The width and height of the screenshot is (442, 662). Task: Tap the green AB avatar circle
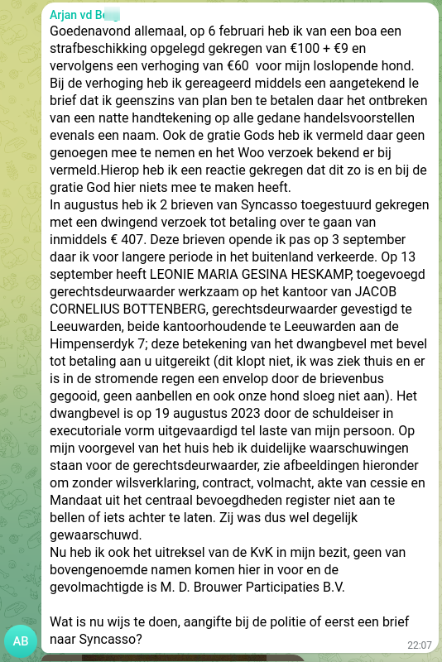tap(22, 640)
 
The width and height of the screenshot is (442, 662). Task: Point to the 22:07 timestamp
tap(420, 645)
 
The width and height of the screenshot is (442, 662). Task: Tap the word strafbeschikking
tap(99, 49)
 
